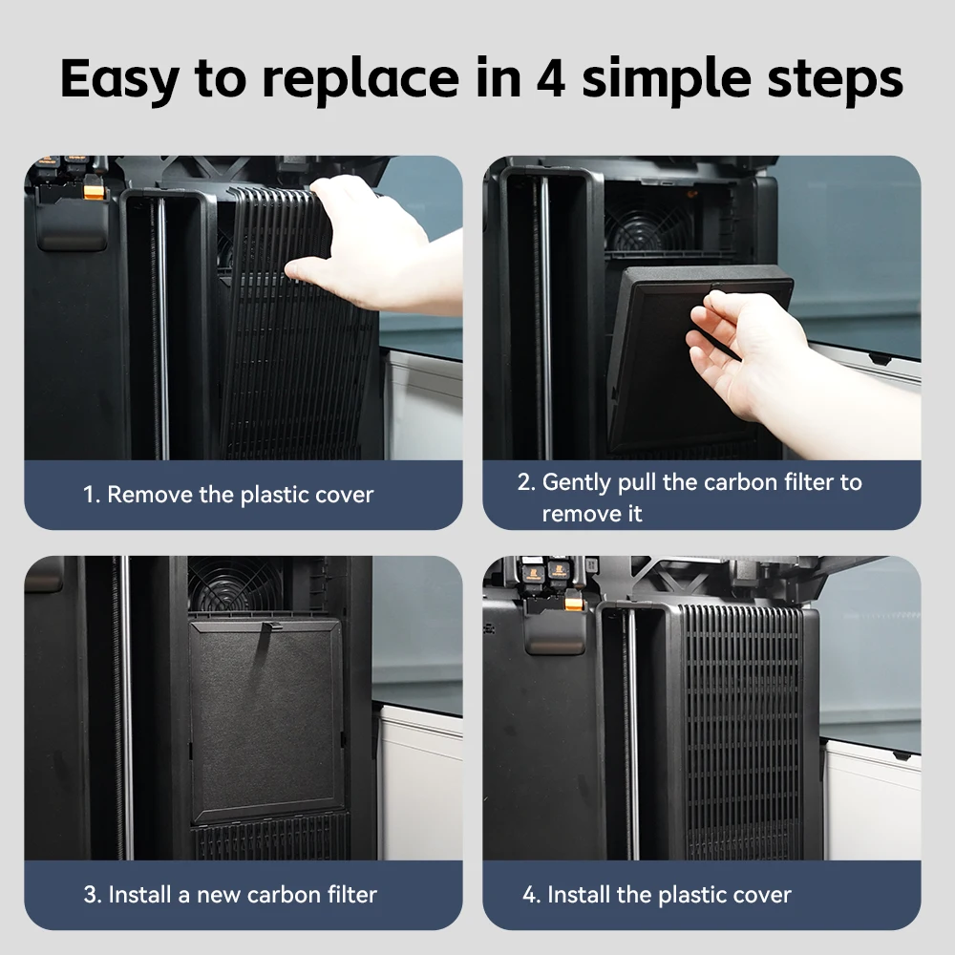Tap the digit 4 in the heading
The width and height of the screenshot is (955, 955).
coord(551,78)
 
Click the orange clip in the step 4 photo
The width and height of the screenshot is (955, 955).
coord(574,605)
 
